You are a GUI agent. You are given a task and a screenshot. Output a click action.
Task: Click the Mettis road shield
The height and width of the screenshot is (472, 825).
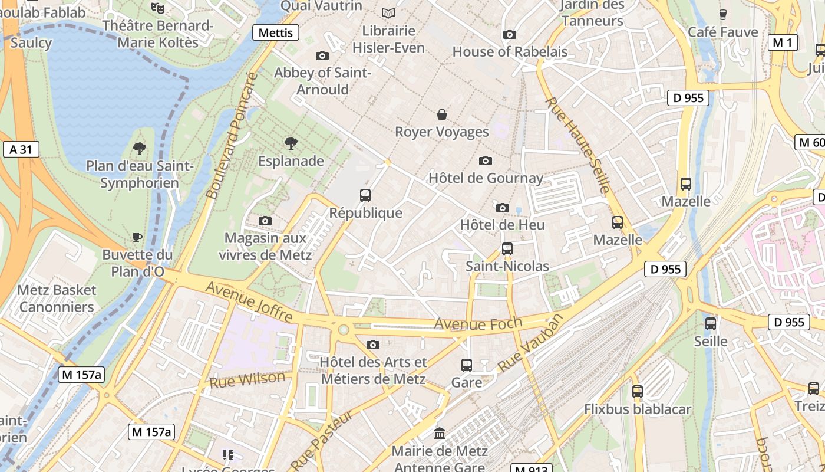pos(275,32)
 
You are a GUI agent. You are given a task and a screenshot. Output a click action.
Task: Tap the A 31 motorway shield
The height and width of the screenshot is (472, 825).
pos(21,149)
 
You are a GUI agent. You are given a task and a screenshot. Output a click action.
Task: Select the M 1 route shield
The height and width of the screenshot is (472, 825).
pos(783,42)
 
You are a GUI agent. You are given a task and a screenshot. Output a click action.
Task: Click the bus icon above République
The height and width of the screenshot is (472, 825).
pos(365,195)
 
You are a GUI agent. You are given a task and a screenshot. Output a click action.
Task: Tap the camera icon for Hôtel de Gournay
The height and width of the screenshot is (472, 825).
pos(486,160)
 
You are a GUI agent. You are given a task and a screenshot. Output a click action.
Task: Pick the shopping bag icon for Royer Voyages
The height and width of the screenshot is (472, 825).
pos(441,114)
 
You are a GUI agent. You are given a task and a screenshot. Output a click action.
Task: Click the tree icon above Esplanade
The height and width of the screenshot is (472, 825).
pos(291,143)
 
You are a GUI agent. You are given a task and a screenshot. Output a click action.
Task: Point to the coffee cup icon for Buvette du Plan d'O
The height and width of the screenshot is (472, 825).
pos(137,237)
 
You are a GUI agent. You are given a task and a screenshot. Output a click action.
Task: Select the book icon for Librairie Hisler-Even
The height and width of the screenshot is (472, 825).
pos(388,13)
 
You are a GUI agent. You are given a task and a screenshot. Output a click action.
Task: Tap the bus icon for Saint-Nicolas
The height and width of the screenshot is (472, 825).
pos(507,249)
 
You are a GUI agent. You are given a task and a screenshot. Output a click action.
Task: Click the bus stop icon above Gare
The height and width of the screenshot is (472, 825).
pos(466,365)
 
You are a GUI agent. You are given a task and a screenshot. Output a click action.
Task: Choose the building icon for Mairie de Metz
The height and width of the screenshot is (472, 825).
pos(440,434)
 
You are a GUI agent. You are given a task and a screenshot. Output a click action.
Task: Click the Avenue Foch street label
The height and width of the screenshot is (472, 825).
pos(478,323)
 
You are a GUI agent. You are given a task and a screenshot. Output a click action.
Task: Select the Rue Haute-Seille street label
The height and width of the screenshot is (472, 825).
pos(578,145)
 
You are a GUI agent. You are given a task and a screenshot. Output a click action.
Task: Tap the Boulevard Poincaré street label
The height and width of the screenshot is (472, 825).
pos(232,136)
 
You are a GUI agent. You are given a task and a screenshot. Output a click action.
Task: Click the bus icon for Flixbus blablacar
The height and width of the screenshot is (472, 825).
pos(637,391)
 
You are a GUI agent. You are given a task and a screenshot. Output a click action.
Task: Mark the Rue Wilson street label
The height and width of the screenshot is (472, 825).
pos(247,379)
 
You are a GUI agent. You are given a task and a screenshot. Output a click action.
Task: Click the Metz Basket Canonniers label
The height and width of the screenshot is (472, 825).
pos(57,299)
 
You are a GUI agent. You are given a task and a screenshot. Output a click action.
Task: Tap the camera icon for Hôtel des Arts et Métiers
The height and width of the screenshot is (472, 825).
pos(372,345)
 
